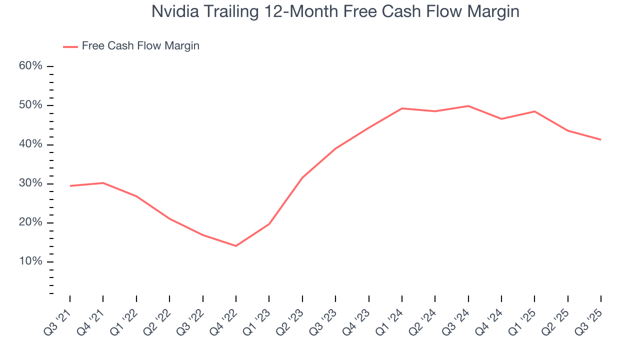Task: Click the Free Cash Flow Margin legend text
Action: coord(140,46)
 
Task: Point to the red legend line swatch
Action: coord(70,46)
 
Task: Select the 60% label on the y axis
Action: coord(30,66)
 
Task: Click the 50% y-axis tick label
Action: coord(30,105)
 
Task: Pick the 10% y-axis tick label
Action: coord(30,262)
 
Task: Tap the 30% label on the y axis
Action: coord(30,183)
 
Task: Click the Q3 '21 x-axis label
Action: coord(59,318)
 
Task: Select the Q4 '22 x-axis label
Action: coord(225,318)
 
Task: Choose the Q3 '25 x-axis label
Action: coord(590,318)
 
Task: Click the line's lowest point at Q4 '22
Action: coord(236,245)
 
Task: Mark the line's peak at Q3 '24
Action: coord(468,106)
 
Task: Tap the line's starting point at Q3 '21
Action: coord(70,186)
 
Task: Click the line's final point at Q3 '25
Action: coord(600,139)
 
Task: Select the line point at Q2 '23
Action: coord(302,177)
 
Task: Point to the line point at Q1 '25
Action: coord(534,111)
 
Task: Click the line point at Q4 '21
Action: coord(103,183)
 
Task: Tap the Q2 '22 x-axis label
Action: coord(158,318)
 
